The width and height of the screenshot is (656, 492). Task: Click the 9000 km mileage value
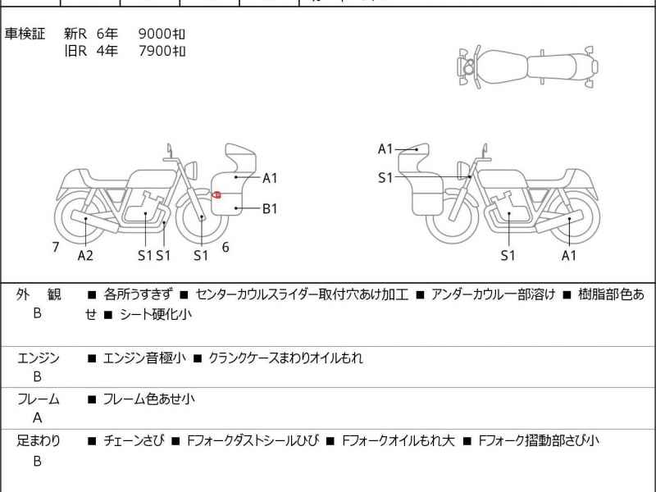162,34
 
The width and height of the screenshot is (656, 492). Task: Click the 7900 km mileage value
162,51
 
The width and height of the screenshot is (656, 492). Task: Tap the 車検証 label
25,34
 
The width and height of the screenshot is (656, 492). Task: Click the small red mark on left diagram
217,194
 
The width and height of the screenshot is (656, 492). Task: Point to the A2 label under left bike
85,255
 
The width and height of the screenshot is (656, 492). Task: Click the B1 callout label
270,208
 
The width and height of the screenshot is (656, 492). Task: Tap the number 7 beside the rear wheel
55,246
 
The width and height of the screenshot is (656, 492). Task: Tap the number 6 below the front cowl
225,246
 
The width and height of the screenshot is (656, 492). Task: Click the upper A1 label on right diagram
385,149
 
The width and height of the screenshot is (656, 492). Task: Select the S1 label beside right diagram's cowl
385,177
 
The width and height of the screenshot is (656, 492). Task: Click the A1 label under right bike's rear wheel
569,255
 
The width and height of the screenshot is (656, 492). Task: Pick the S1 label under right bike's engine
508,255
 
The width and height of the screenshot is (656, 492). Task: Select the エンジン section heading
39,358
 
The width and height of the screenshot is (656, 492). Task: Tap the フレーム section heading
39,399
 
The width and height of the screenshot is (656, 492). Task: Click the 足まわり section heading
39,440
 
